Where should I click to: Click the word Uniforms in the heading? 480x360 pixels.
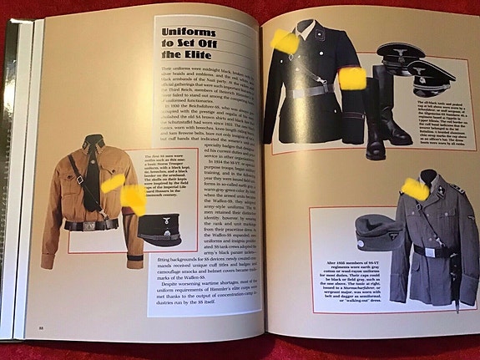coord(182,32)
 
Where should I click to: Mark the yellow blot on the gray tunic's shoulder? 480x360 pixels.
coord(416,190)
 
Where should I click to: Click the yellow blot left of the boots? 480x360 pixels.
coord(351,78)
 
